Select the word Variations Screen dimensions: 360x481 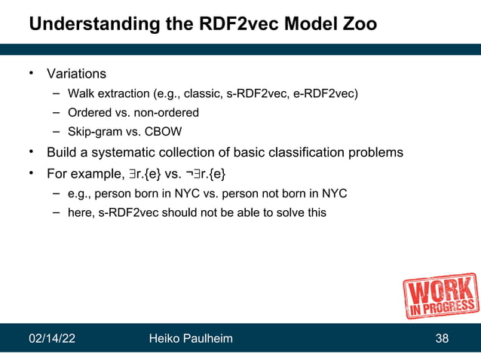pos(76,74)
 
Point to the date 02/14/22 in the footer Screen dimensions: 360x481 pos(53,340)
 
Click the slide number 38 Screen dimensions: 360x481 pos(443,340)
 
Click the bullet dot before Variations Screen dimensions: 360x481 pos(32,73)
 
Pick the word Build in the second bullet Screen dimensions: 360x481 pos(63,153)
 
